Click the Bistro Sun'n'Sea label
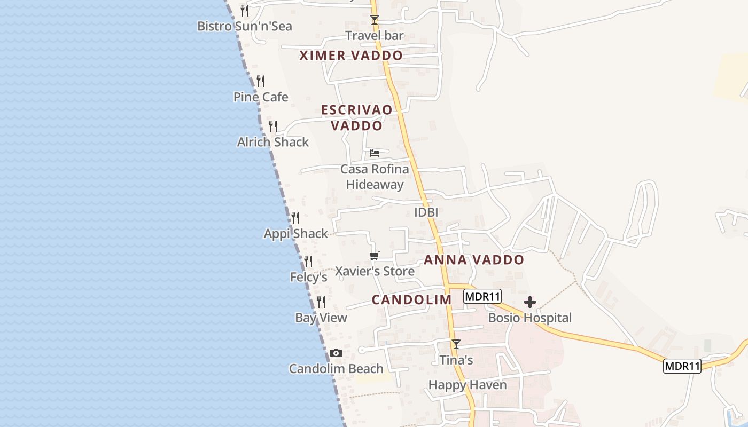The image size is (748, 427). tap(245, 26)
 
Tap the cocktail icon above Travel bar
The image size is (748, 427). tap(375, 20)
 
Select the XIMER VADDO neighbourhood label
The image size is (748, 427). tap(351, 56)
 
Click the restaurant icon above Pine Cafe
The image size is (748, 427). tap(261, 81)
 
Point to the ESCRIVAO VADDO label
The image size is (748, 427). tap(356, 117)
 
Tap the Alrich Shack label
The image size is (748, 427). tap(273, 142)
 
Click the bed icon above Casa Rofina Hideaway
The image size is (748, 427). tap(375, 153)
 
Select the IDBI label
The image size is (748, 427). tap(426, 212)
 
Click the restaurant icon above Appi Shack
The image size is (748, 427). tap(295, 218)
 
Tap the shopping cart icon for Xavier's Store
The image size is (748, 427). tap(375, 256)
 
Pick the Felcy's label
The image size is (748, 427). tap(308, 278)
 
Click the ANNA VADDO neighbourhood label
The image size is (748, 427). tap(474, 260)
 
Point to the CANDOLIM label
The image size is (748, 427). tap(412, 300)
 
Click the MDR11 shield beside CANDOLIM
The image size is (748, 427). tap(482, 297)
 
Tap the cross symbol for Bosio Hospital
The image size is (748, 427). tap(530, 303)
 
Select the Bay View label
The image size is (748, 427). tap(321, 318)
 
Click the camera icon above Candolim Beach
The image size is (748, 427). tap(336, 353)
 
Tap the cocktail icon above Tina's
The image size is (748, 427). tap(456, 344)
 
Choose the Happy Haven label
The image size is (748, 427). tap(467, 385)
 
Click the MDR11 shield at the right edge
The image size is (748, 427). tap(682, 367)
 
